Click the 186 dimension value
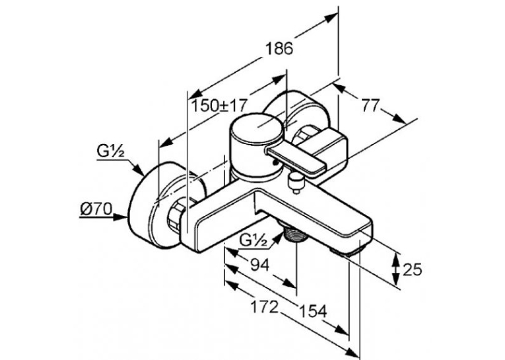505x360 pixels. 279,48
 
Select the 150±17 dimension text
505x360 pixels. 219,106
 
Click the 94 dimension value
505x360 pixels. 259,265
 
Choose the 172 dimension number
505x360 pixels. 264,306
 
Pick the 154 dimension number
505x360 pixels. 314,311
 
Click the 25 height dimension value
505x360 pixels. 412,270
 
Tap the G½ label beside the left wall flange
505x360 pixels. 110,151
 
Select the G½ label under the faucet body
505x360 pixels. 253,241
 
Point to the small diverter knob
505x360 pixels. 296,182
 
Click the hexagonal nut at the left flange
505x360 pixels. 176,216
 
